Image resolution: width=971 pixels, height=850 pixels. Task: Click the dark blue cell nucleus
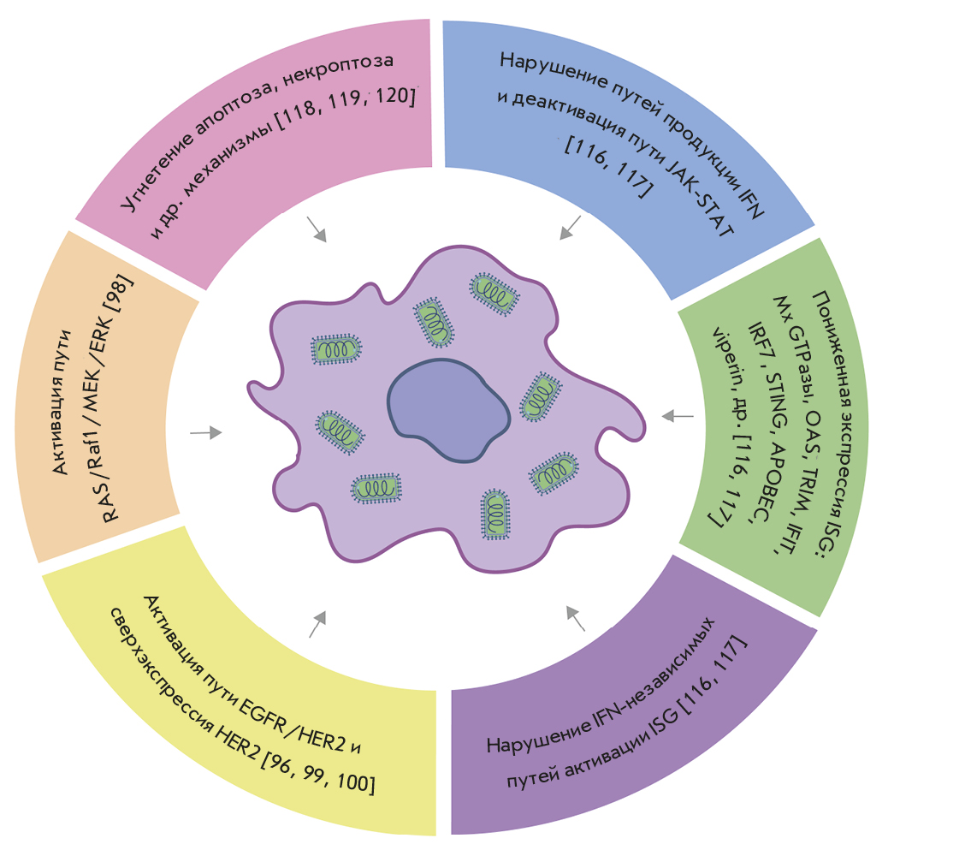[x=447, y=410]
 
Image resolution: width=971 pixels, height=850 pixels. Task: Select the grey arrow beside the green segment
[x=678, y=416]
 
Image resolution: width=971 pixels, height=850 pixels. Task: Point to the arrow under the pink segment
[x=317, y=229]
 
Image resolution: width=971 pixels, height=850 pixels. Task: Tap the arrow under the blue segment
[x=571, y=227]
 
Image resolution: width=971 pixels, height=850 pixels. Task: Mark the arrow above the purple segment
[x=576, y=617]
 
